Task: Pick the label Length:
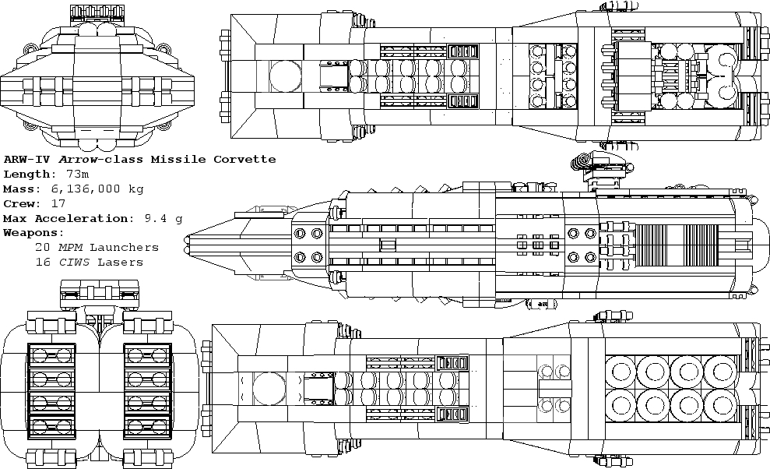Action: (x=29, y=175)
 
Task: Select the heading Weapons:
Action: (x=33, y=233)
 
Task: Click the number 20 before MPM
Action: (x=43, y=248)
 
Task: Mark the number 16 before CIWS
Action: (x=43, y=263)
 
